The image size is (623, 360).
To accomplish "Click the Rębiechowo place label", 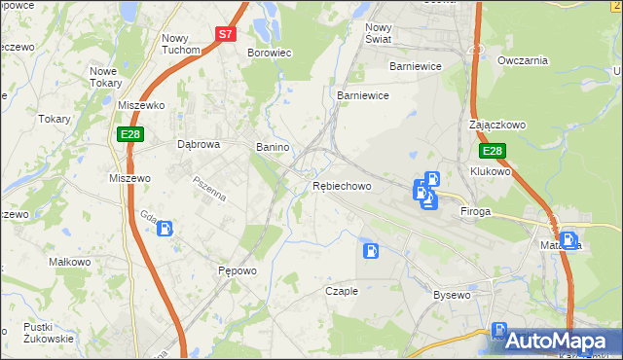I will [x=342, y=186].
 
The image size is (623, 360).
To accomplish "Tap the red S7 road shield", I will [x=226, y=33].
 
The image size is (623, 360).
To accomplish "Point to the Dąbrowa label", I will [x=199, y=144].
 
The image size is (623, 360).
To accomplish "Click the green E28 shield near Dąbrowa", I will [x=130, y=133].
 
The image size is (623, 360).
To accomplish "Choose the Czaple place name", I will [x=342, y=291].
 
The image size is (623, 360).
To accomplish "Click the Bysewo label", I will [x=452, y=294].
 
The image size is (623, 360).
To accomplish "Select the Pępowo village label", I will [x=237, y=270].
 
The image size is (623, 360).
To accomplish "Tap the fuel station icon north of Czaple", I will [x=371, y=250].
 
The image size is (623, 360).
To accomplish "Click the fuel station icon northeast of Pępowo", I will [x=166, y=230].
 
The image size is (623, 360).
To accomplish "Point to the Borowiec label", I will [x=270, y=53].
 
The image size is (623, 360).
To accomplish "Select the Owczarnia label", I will [x=523, y=60].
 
